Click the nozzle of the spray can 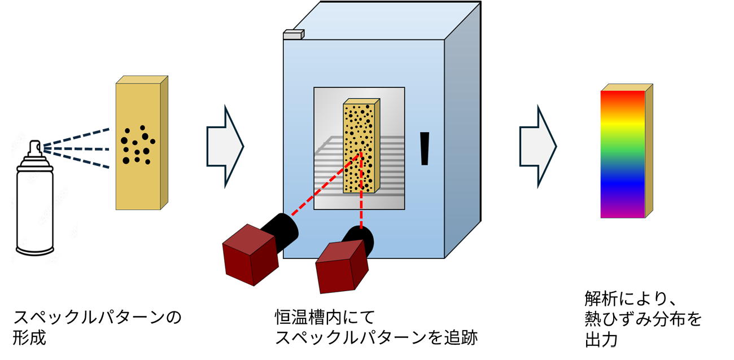point(35,148)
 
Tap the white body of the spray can point(35,210)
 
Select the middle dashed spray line point(76,149)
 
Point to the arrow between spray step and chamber point(225,146)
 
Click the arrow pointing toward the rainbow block point(538,146)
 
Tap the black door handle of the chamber point(425,148)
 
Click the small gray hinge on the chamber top point(294,34)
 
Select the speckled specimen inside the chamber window point(361,146)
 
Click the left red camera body point(250,254)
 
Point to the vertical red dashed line point(361,191)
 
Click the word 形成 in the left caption point(29,338)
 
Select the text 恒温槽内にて point(325,318)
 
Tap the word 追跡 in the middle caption point(461,337)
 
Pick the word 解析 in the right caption point(601,298)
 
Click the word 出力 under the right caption point(601,340)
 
